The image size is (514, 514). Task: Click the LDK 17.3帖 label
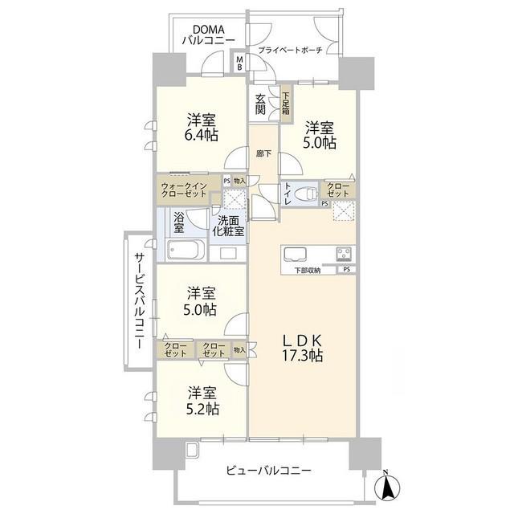tap(302, 349)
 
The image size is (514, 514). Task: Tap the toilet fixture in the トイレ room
tap(306, 194)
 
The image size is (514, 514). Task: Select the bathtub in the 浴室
tap(186, 251)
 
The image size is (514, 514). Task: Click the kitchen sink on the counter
tap(295, 254)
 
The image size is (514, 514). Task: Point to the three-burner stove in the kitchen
tap(344, 254)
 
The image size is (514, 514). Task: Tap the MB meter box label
tap(240, 63)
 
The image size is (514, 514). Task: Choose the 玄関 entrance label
tap(260, 104)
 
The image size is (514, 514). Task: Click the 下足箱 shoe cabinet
tap(286, 104)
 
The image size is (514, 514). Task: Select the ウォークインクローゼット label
tap(184, 190)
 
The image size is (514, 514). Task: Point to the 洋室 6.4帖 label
tap(202, 127)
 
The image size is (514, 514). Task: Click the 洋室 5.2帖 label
tap(202, 401)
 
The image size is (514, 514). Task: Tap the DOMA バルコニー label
tap(208, 35)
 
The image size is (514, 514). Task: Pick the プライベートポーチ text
tap(291, 50)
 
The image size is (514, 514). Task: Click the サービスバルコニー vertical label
tap(139, 300)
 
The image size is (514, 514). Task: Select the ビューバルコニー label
tap(268, 471)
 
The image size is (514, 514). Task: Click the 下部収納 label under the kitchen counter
tap(308, 271)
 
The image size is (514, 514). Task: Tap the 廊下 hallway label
tap(263, 153)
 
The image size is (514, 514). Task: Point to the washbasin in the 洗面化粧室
tap(228, 254)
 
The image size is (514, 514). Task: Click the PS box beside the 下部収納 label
tap(347, 270)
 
